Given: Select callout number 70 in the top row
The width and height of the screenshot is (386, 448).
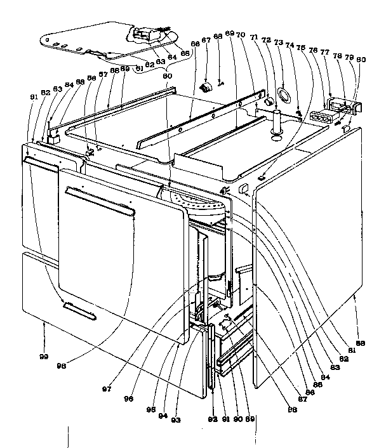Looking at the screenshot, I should (x=239, y=36).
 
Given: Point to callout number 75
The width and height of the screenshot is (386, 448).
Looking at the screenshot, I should (x=302, y=47).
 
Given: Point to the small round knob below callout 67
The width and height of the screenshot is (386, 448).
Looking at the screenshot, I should (x=206, y=86).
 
